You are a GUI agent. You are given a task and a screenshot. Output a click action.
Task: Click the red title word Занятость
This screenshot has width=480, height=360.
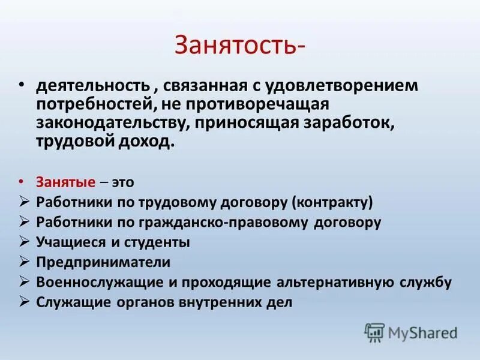pyautogui.click(x=237, y=45)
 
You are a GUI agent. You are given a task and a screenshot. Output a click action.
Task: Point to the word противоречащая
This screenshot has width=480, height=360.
pyautogui.click(x=267, y=105)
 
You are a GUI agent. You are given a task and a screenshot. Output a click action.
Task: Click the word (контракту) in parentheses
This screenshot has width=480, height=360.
pyautogui.click(x=333, y=202)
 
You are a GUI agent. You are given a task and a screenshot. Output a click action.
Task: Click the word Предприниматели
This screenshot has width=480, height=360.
pyautogui.click(x=103, y=262)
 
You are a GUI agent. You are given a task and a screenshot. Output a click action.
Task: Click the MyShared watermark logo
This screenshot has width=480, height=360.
pyautogui.click(x=411, y=332)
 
